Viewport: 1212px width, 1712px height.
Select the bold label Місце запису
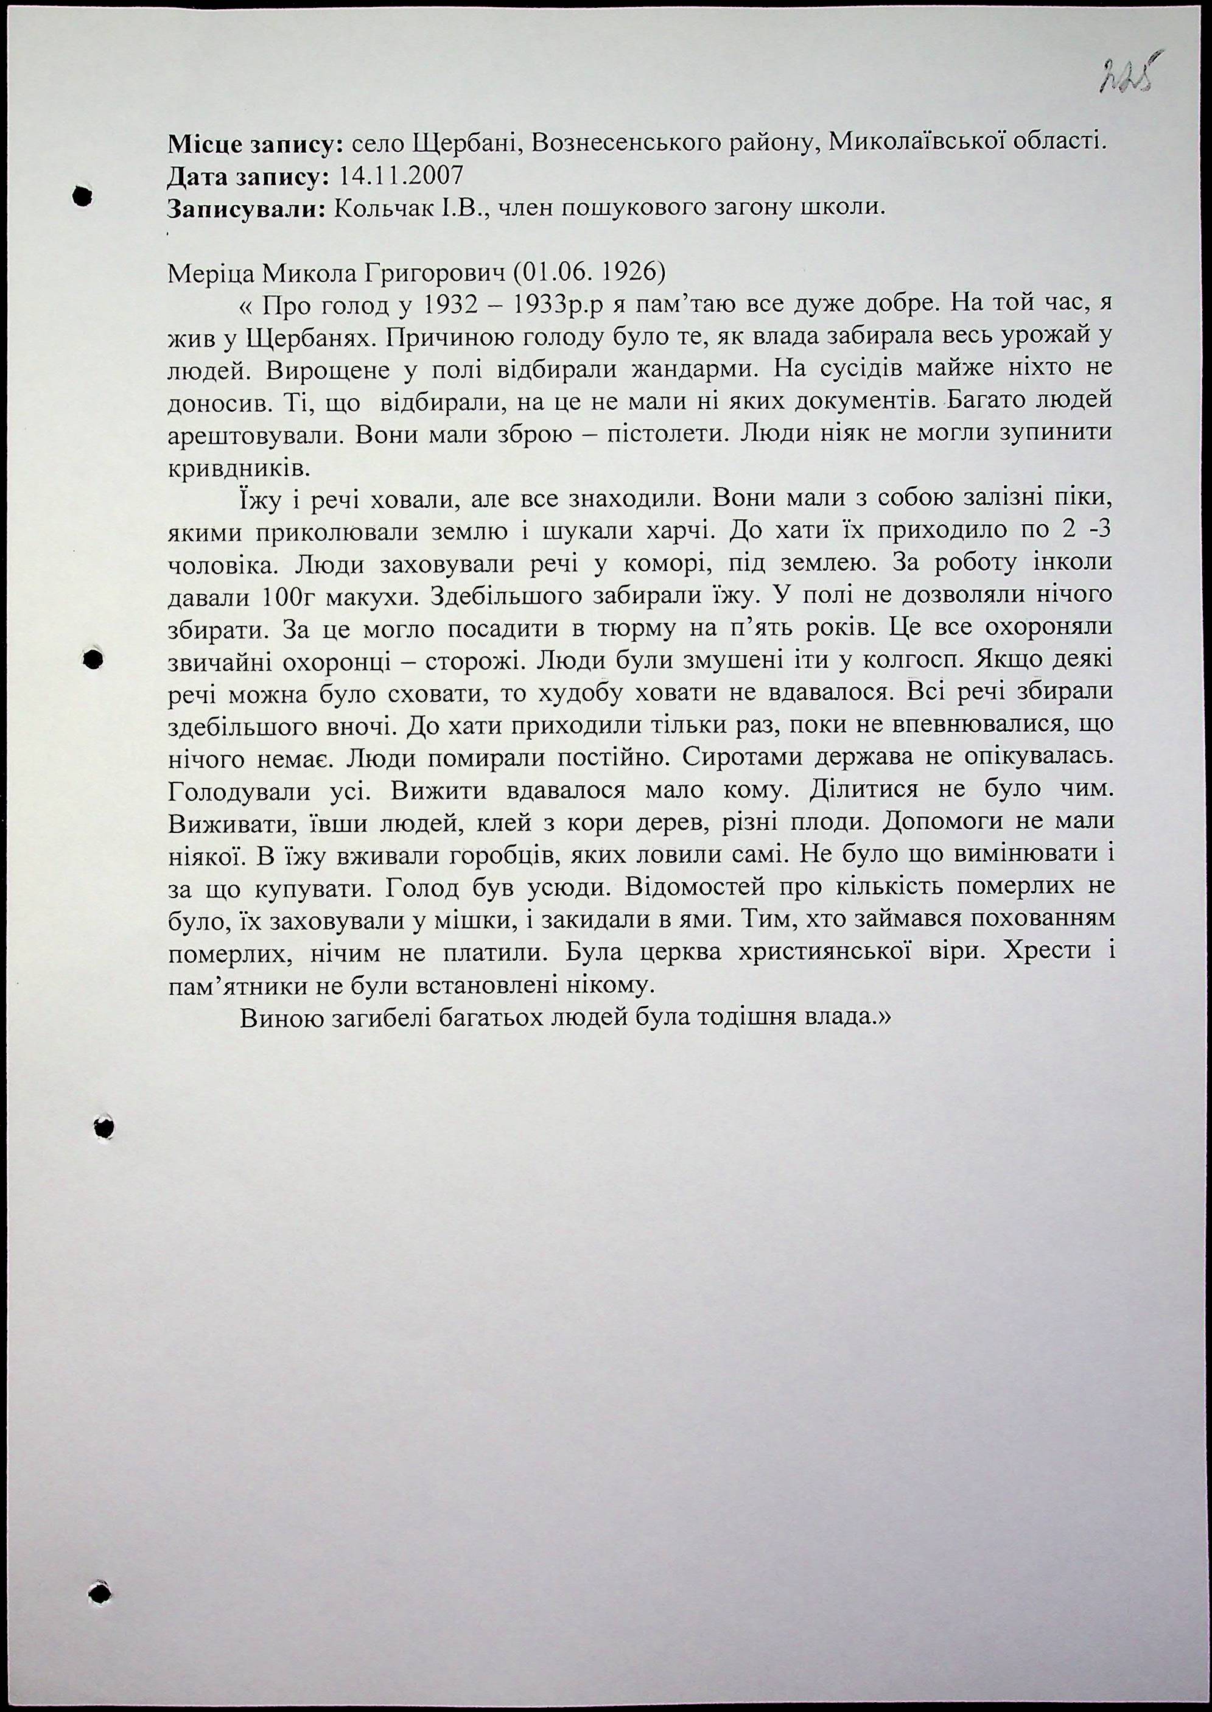[250, 144]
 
